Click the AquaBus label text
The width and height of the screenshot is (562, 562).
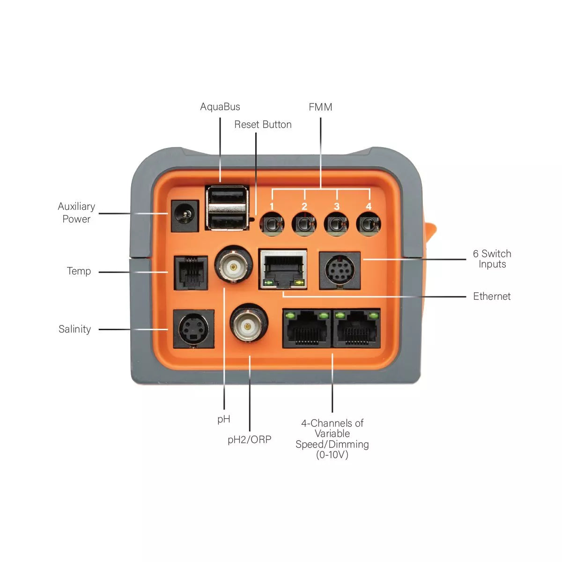(x=220, y=107)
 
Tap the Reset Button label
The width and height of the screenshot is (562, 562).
(x=263, y=125)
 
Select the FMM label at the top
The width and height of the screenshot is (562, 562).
(x=320, y=107)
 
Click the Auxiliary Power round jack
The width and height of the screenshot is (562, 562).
(x=185, y=216)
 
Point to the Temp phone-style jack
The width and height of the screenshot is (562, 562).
(x=191, y=273)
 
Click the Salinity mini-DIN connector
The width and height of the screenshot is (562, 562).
(x=193, y=329)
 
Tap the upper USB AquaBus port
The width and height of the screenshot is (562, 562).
(x=227, y=195)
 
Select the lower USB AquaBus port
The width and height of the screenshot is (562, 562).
(x=227, y=221)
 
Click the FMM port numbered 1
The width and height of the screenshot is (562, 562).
(x=272, y=224)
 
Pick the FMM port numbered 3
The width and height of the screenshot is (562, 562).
(x=336, y=224)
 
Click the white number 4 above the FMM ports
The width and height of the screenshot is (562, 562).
(x=369, y=207)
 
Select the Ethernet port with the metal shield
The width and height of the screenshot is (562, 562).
(x=283, y=269)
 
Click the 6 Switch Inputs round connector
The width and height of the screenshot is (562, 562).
(x=340, y=271)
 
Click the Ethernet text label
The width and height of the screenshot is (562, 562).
(x=491, y=296)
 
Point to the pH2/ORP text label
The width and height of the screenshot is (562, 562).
(x=249, y=440)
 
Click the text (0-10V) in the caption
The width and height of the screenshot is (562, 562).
(x=332, y=455)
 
